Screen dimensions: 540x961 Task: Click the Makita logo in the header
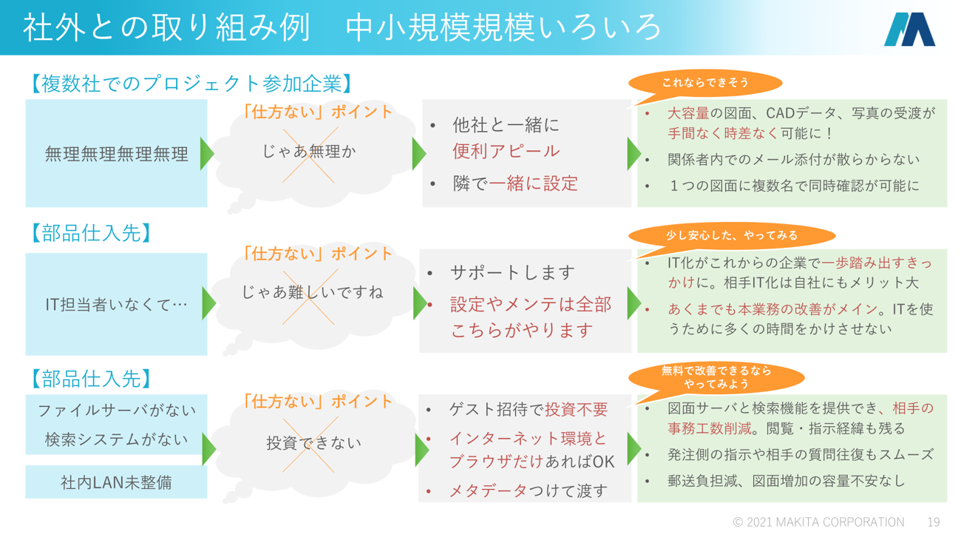tap(909, 30)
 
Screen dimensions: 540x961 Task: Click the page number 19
tap(934, 522)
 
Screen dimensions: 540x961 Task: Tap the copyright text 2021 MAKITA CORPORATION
tap(818, 522)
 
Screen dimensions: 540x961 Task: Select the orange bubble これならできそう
tap(705, 84)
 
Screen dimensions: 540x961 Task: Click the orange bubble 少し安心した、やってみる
tap(732, 235)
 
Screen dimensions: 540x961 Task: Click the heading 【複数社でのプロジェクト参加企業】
tap(191, 83)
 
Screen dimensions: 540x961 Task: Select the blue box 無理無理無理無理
tap(116, 154)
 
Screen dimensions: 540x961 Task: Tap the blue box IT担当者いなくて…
tap(116, 303)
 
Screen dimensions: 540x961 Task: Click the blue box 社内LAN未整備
tap(116, 482)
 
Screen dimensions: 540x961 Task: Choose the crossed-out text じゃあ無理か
tap(309, 151)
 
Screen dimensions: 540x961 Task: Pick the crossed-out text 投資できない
tap(313, 442)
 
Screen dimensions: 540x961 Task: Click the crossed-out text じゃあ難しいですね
tap(312, 292)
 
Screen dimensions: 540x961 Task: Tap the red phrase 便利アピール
tap(506, 151)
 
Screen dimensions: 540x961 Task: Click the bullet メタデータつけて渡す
tap(528, 490)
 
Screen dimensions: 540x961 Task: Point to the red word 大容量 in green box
tap(688, 113)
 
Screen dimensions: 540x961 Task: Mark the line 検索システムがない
tap(116, 439)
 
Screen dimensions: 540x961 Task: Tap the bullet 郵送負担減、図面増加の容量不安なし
tap(786, 481)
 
